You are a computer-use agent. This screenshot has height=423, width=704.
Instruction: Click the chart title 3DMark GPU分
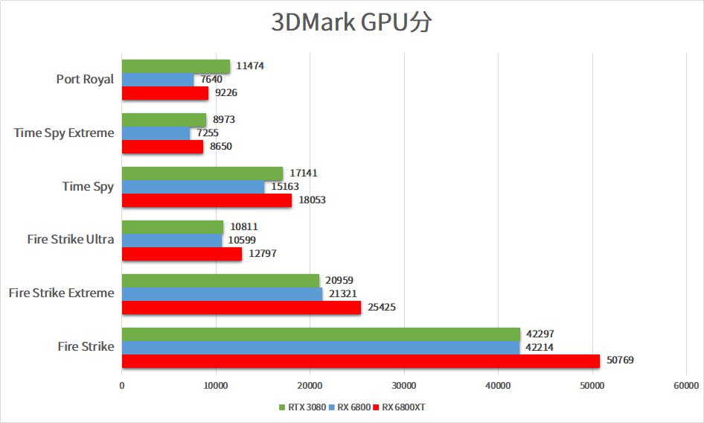(351, 23)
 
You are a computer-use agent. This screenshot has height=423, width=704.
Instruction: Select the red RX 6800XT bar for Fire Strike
(360, 360)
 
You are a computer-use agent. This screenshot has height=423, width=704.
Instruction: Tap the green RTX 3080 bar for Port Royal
(176, 66)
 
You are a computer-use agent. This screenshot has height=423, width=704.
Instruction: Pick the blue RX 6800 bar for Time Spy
(193, 187)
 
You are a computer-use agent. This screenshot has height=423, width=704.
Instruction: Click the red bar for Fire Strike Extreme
(241, 307)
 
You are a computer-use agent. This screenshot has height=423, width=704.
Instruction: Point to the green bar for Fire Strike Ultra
(173, 226)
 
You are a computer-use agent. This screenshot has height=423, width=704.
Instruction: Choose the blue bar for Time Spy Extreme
(156, 133)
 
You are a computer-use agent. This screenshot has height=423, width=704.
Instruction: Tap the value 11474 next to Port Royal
(250, 66)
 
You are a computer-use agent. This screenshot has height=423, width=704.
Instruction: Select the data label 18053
(312, 200)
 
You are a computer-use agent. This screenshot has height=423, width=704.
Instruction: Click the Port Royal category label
(85, 79)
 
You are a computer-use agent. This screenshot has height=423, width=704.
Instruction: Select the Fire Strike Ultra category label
(71, 239)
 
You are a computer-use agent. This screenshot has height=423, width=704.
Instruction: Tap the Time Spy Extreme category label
(64, 133)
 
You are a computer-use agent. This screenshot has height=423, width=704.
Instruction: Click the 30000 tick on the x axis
(403, 386)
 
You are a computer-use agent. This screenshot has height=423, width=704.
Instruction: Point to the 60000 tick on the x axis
(685, 386)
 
